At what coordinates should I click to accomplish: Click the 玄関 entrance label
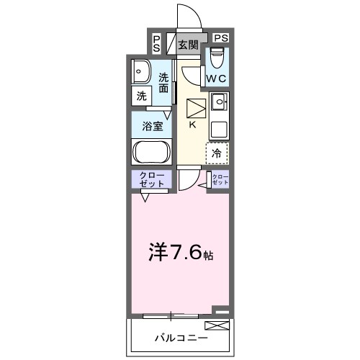188,45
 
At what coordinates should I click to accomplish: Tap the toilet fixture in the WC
217,55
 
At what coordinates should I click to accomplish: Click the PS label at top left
157,43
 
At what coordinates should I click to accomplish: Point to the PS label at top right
221,38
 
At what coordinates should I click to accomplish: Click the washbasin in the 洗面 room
140,73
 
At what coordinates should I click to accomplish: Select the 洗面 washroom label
165,83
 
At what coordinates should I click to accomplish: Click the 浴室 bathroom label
151,125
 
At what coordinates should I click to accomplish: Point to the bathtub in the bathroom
150,153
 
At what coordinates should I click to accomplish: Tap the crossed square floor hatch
196,109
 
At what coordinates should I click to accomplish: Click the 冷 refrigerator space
217,153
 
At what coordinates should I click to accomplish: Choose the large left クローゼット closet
151,180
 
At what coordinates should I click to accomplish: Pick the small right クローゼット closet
220,180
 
